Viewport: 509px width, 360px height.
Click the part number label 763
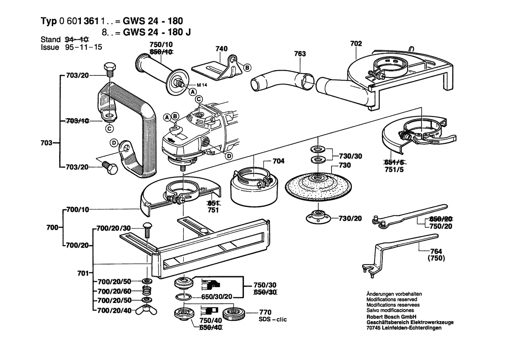(x=300, y=54)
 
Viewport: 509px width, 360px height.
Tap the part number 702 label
(x=356, y=43)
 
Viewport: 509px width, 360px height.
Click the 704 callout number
(x=278, y=161)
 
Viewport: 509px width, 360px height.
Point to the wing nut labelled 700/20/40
(x=147, y=310)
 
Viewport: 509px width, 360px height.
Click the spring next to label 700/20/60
(x=147, y=291)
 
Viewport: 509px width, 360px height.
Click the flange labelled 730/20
(x=316, y=217)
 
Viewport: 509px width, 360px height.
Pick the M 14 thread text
(x=197, y=84)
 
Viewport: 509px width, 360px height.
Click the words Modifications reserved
(x=392, y=300)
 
